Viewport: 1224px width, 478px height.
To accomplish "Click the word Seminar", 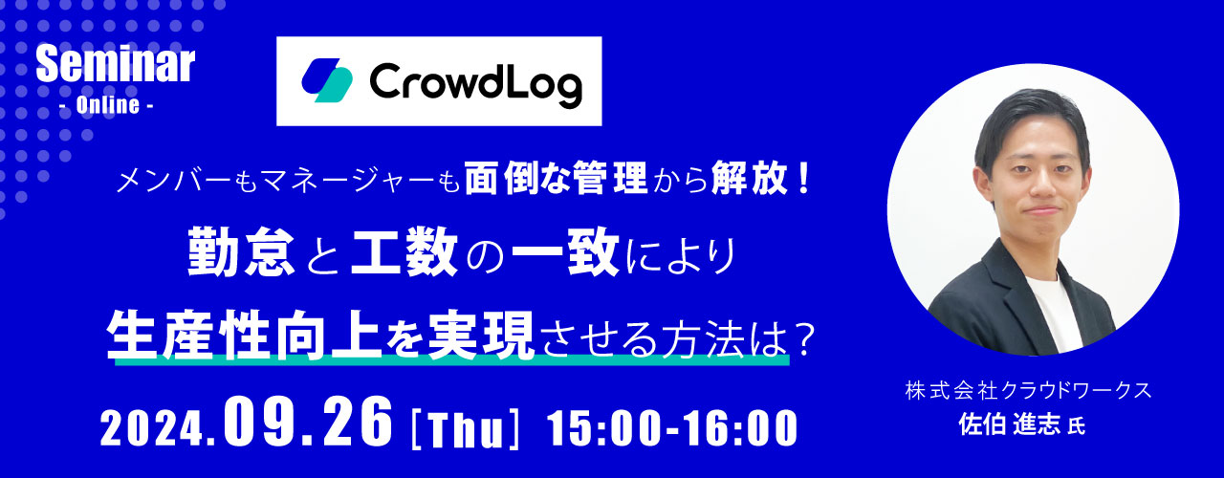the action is click(x=116, y=65).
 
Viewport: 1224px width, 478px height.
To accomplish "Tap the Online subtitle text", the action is click(x=108, y=105).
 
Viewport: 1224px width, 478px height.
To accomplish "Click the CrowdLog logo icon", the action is click(x=327, y=80).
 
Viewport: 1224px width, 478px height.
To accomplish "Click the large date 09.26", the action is click(x=308, y=423).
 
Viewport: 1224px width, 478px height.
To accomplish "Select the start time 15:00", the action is click(x=607, y=428).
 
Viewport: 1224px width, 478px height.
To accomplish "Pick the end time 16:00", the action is click(x=739, y=428).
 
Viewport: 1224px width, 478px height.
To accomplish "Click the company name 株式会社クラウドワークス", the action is click(x=1028, y=391).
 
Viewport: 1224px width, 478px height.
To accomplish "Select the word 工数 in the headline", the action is click(x=404, y=251).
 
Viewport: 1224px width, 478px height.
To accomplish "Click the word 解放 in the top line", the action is click(x=751, y=179).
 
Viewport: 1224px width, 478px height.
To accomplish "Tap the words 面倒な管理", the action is click(x=557, y=179).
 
